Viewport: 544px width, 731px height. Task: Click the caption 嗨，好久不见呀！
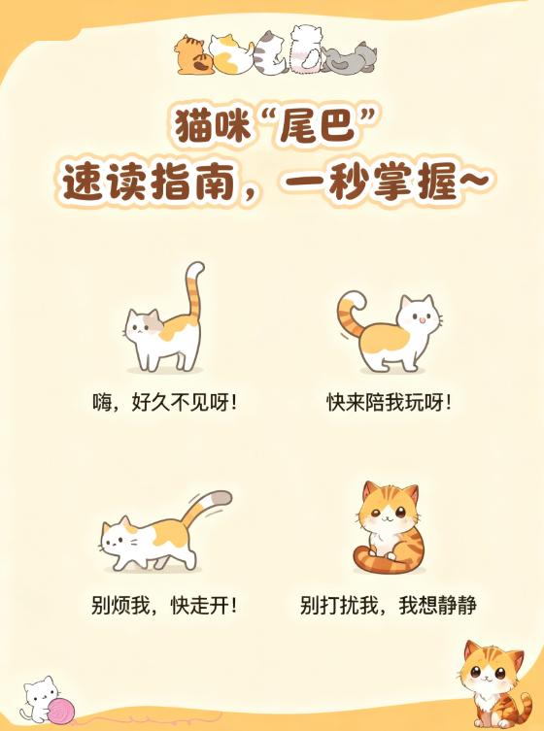pyautogui.click(x=164, y=401)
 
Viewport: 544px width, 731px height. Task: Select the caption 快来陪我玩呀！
pyautogui.click(x=389, y=402)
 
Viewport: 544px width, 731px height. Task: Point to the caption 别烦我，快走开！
pyautogui.click(x=164, y=605)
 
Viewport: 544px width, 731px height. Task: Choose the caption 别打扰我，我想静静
pyautogui.click(x=389, y=605)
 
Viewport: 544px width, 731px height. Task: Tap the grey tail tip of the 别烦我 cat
pyautogui.click(x=221, y=498)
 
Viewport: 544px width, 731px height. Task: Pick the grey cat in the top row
pyautogui.click(x=349, y=58)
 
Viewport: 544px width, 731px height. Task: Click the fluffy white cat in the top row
pyautogui.click(x=306, y=49)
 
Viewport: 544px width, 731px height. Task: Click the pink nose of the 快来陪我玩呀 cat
pyautogui.click(x=422, y=319)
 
